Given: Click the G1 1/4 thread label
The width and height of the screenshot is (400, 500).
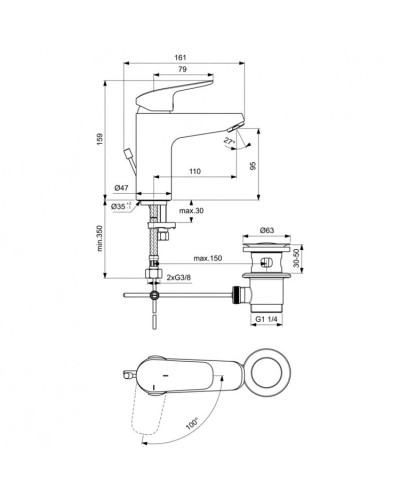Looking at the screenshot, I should coord(264,318).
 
